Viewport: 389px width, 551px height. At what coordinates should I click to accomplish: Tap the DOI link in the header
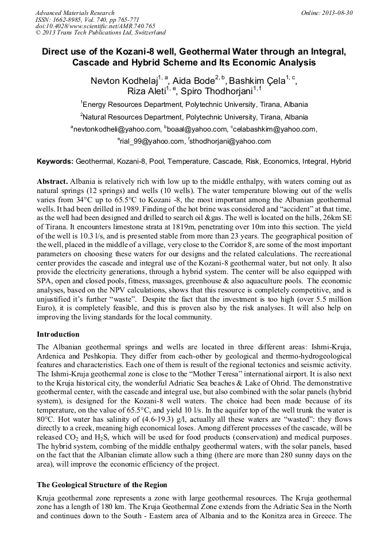(x=95, y=26)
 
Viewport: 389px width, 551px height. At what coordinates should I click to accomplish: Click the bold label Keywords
(x=55, y=162)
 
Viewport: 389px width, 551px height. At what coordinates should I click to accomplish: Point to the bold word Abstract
(x=53, y=181)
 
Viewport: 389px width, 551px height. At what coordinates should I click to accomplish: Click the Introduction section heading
(x=58, y=334)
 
